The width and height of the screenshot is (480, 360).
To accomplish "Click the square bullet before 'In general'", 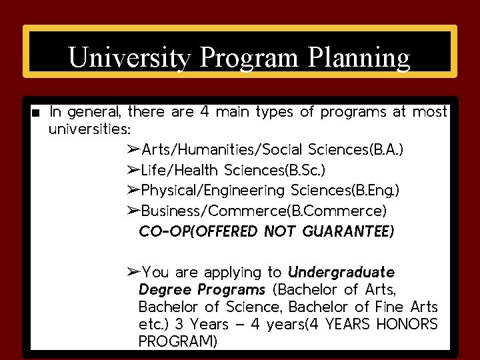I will pyautogui.click(x=35, y=112).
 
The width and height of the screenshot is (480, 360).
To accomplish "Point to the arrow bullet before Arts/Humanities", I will pyautogui.click(x=133, y=149).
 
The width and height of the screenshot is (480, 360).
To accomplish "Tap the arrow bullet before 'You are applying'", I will pyautogui.click(x=133, y=272).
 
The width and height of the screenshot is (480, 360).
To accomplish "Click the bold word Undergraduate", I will pyautogui.click(x=341, y=272).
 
